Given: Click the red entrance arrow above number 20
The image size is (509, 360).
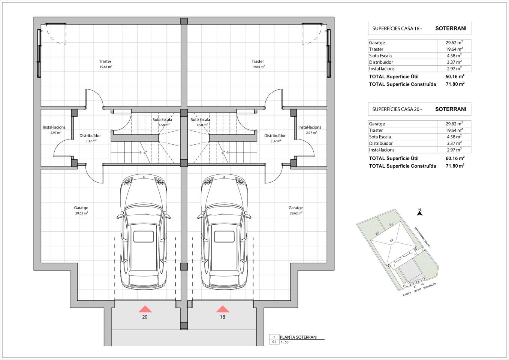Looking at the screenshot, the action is click(x=145, y=309).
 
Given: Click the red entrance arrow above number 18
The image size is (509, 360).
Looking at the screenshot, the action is click(x=223, y=309).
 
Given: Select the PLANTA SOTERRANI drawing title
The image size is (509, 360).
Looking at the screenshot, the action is click(x=299, y=337).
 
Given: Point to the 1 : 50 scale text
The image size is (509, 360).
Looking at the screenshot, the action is click(x=284, y=342).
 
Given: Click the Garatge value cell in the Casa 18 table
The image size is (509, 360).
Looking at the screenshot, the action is click(x=454, y=42).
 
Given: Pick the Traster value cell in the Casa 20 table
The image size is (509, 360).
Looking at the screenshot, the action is click(x=454, y=130).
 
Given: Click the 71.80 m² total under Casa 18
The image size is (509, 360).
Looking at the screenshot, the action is click(x=455, y=84).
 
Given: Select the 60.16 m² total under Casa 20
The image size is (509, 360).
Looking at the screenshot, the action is click(x=455, y=158).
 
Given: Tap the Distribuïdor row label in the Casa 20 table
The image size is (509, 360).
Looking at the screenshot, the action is click(x=381, y=143).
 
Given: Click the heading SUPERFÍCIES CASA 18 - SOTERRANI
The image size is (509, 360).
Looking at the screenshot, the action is click(x=419, y=28).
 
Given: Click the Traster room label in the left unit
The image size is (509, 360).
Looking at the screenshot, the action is click(x=105, y=61).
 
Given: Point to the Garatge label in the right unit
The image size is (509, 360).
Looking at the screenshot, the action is click(x=296, y=208).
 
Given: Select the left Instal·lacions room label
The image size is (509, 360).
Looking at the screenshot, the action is click(x=54, y=127).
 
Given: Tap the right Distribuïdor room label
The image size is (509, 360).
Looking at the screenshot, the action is click(x=275, y=136).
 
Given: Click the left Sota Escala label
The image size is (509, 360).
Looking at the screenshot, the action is click(x=162, y=120).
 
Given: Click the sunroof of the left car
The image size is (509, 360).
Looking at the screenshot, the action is click(x=144, y=237).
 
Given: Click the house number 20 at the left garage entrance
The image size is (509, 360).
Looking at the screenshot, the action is click(x=145, y=317).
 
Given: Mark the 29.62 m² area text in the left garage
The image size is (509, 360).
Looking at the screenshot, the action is click(x=82, y=213).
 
